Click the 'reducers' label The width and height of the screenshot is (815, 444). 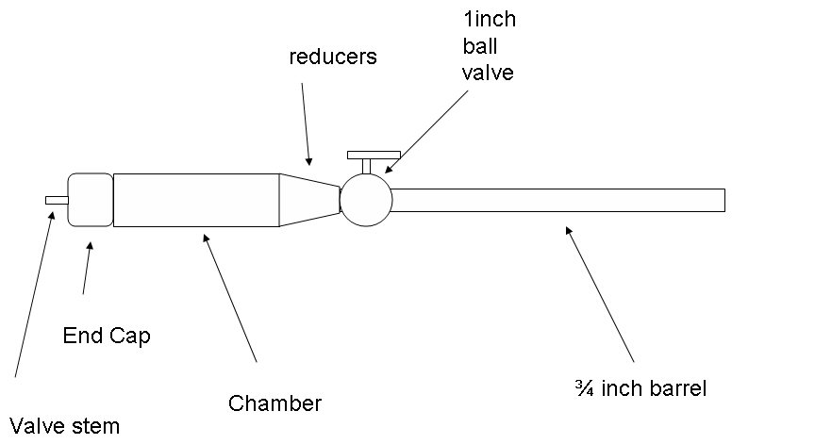click(x=333, y=57)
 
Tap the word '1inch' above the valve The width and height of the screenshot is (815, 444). click(x=490, y=19)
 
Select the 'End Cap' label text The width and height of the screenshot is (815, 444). click(x=107, y=336)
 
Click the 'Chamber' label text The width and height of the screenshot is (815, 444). click(x=274, y=403)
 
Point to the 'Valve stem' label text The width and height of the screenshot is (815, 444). click(x=65, y=426)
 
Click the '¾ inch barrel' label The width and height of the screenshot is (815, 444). click(x=640, y=388)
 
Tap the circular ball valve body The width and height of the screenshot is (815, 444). click(x=366, y=200)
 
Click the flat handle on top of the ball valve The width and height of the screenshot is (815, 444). click(x=374, y=155)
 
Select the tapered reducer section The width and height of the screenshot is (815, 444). click(x=309, y=200)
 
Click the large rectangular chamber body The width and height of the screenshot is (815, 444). click(x=196, y=200)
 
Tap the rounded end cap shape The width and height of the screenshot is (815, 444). click(x=91, y=200)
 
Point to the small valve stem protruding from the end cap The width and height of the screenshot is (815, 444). click(x=57, y=201)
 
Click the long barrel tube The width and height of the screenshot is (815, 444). click(x=558, y=201)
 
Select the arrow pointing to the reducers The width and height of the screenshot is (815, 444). click(x=306, y=124)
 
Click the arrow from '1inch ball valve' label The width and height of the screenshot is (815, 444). click(x=426, y=132)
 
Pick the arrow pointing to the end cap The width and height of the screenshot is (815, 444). click(x=88, y=268)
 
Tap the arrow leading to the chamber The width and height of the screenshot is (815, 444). click(x=229, y=298)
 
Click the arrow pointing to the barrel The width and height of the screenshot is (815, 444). click(x=600, y=294)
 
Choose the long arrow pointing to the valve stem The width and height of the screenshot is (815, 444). click(x=34, y=294)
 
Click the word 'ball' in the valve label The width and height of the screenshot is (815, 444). click(x=480, y=46)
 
